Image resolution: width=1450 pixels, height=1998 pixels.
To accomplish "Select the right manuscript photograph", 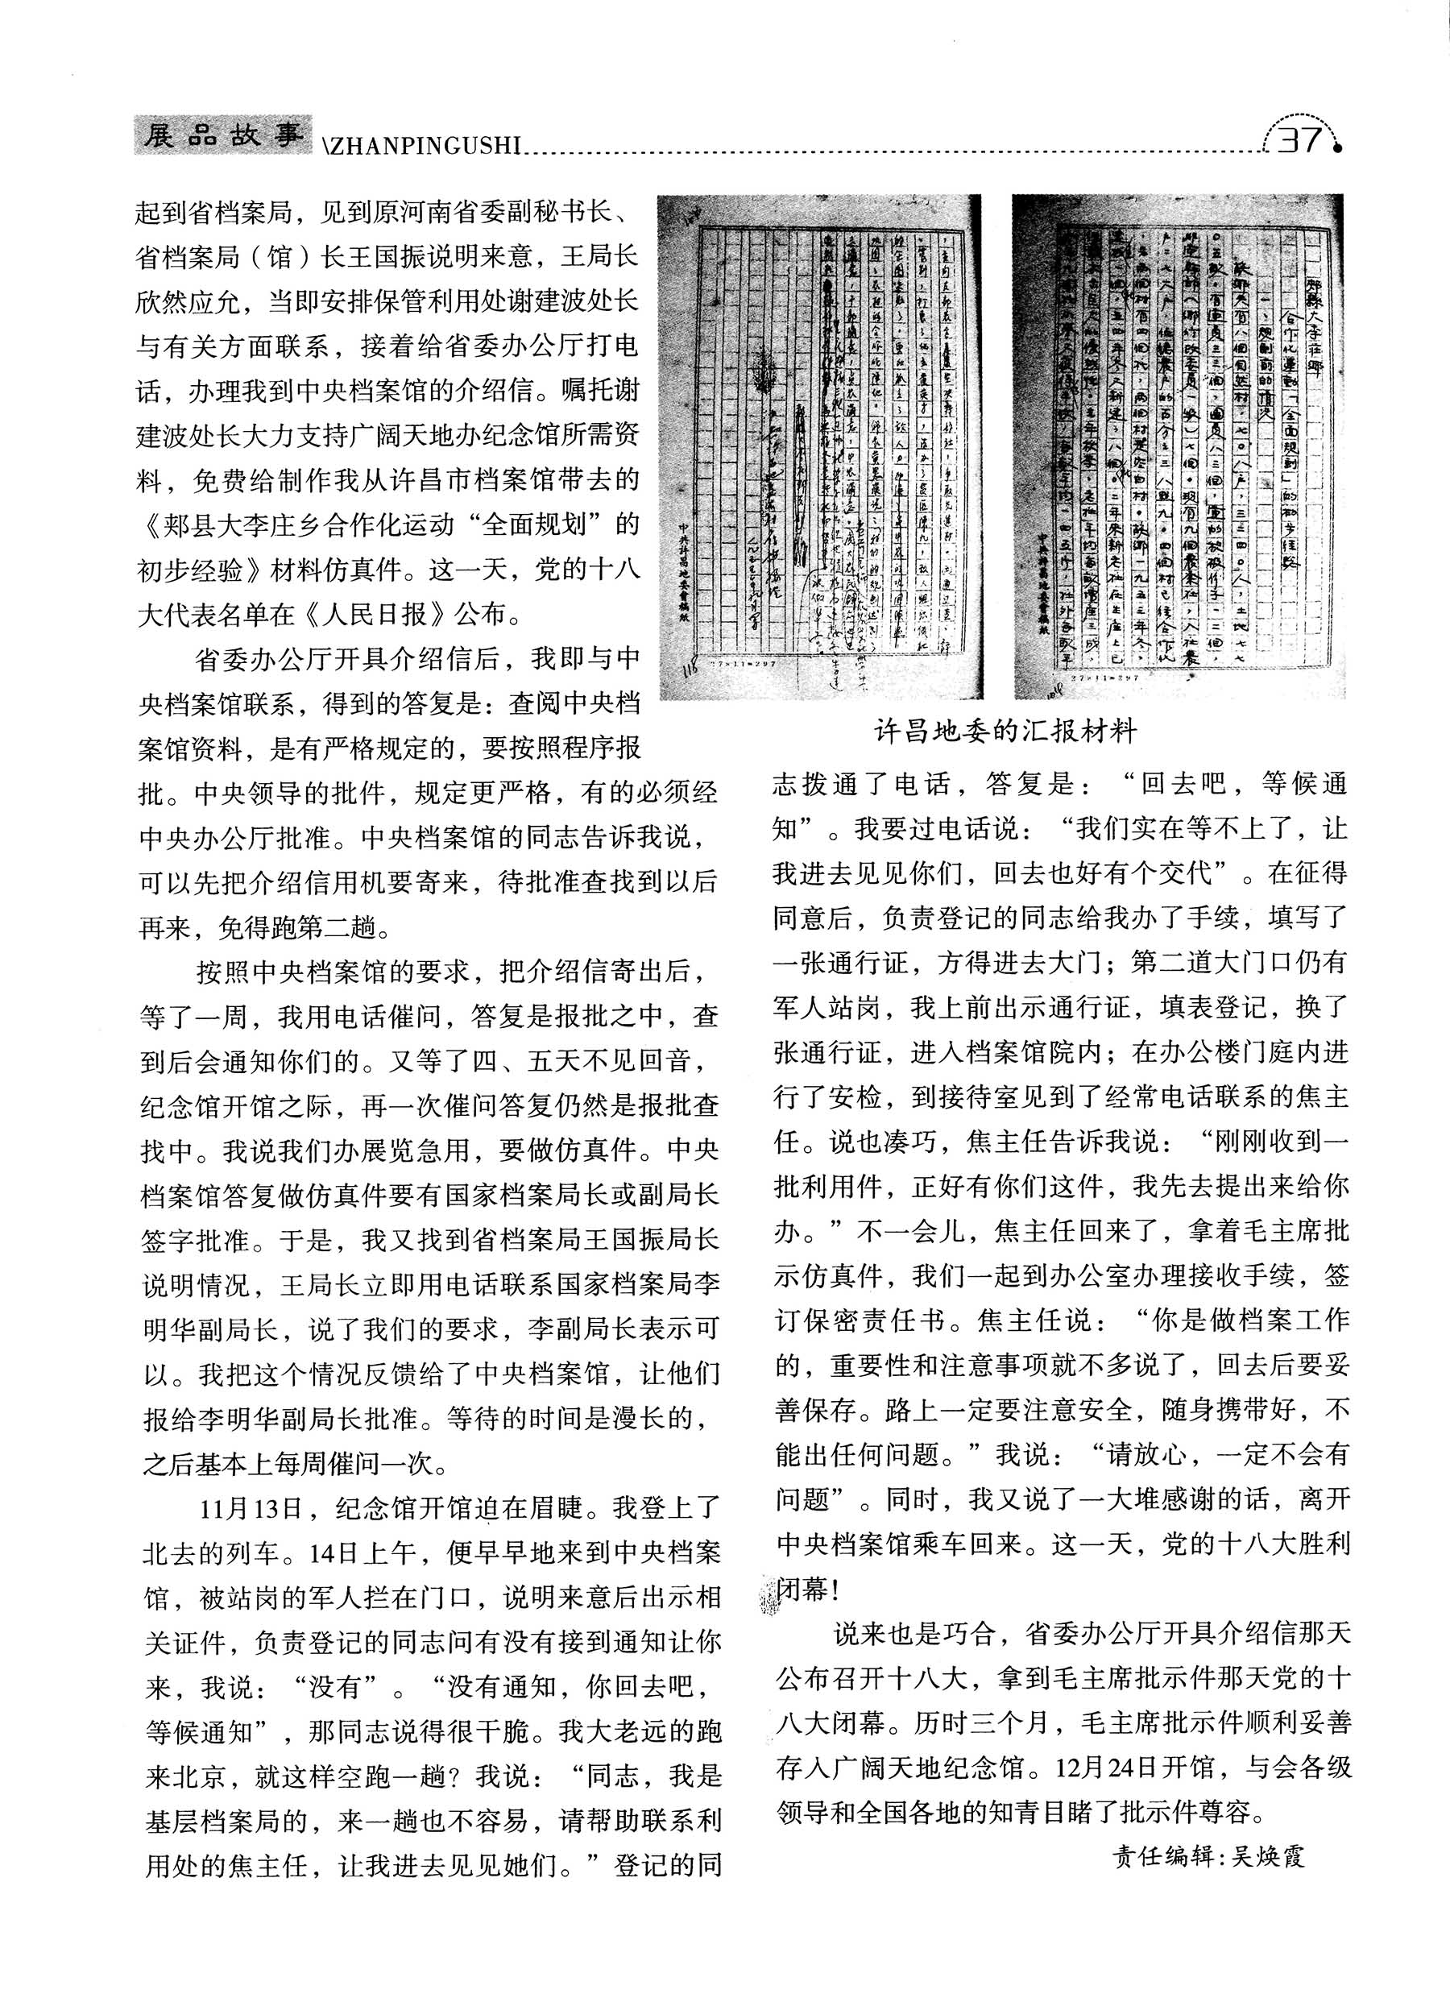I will pyautogui.click(x=1179, y=446).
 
